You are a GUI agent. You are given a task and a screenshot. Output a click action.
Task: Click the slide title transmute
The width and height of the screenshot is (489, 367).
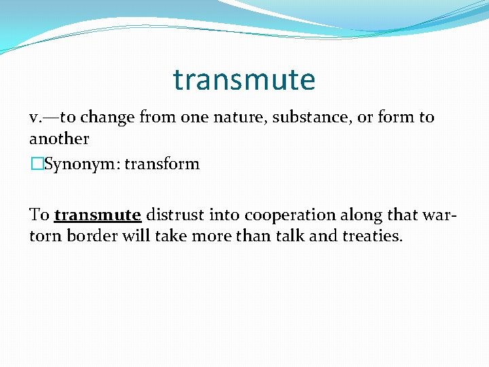tap(244, 80)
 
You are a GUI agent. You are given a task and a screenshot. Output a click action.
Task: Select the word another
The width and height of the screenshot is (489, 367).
tap(59, 139)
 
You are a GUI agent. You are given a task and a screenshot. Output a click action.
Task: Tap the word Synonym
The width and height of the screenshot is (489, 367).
tap(74, 164)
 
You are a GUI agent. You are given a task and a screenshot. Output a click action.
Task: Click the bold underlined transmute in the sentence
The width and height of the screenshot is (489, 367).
tap(97, 215)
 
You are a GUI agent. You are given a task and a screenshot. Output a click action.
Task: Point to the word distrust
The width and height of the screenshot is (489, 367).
tap(174, 215)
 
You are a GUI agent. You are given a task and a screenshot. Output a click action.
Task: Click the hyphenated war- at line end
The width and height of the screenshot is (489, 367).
tap(440, 215)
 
